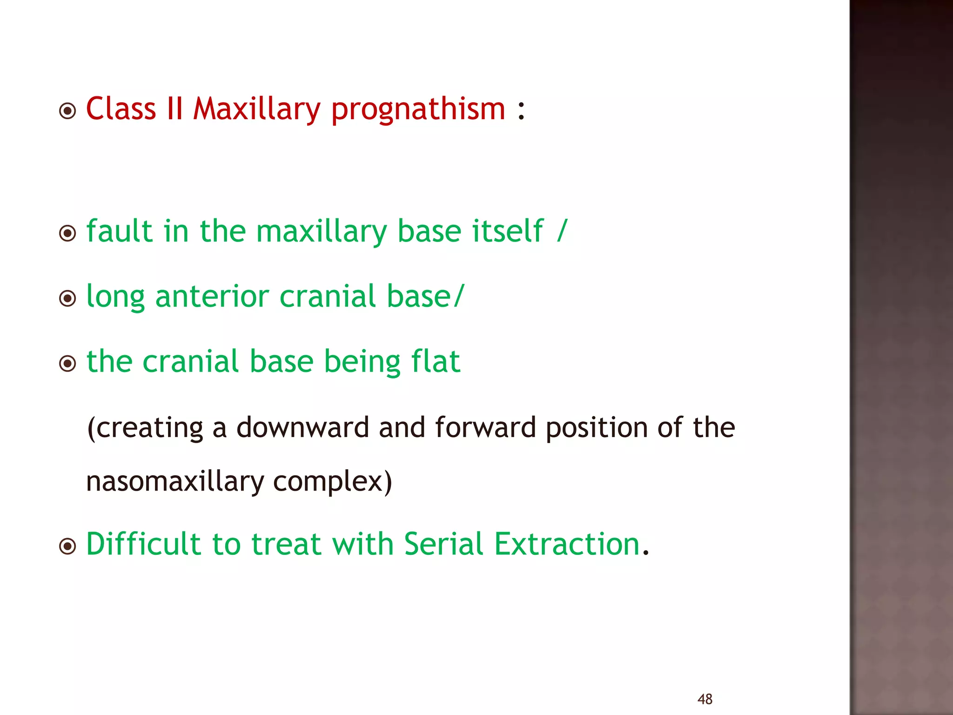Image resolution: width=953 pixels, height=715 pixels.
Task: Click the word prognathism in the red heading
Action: coord(418,110)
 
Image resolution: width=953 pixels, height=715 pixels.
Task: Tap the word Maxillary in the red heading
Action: coord(256,109)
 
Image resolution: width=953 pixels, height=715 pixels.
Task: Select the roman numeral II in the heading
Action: coord(174,109)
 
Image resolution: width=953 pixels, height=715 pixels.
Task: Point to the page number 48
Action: coord(705,699)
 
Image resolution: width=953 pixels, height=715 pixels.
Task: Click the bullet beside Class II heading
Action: coord(68,111)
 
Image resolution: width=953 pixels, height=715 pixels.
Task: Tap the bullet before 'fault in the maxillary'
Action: coord(68,233)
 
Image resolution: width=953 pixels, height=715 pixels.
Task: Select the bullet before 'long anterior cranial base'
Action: coord(68,298)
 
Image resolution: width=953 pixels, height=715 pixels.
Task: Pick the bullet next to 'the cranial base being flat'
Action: coord(68,364)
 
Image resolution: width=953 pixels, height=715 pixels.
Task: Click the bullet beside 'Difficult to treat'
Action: coord(68,546)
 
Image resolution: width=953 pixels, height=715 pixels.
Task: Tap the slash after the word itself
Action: coord(562,231)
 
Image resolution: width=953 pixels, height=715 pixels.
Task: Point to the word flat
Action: coord(436,361)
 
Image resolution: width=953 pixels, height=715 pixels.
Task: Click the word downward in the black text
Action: coord(302,427)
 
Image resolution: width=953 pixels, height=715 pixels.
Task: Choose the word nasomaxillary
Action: coord(175,482)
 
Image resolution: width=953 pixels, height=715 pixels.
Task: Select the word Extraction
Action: coord(567,544)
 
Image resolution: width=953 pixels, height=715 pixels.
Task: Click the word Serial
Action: coord(443,544)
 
